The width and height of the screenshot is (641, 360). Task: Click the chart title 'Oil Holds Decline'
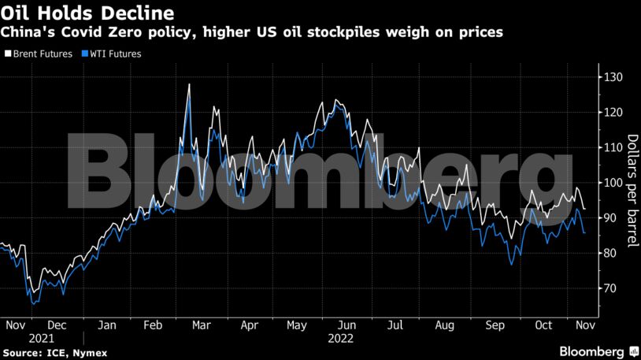point(88,13)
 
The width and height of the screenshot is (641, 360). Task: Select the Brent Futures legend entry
point(39,54)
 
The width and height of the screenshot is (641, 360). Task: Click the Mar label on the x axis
point(201,325)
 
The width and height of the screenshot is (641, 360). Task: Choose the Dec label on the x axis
point(56,325)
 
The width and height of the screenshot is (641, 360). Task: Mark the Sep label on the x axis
point(495,325)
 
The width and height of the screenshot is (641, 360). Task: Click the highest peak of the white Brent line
point(189,84)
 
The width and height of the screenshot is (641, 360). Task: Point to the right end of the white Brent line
point(584,209)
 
